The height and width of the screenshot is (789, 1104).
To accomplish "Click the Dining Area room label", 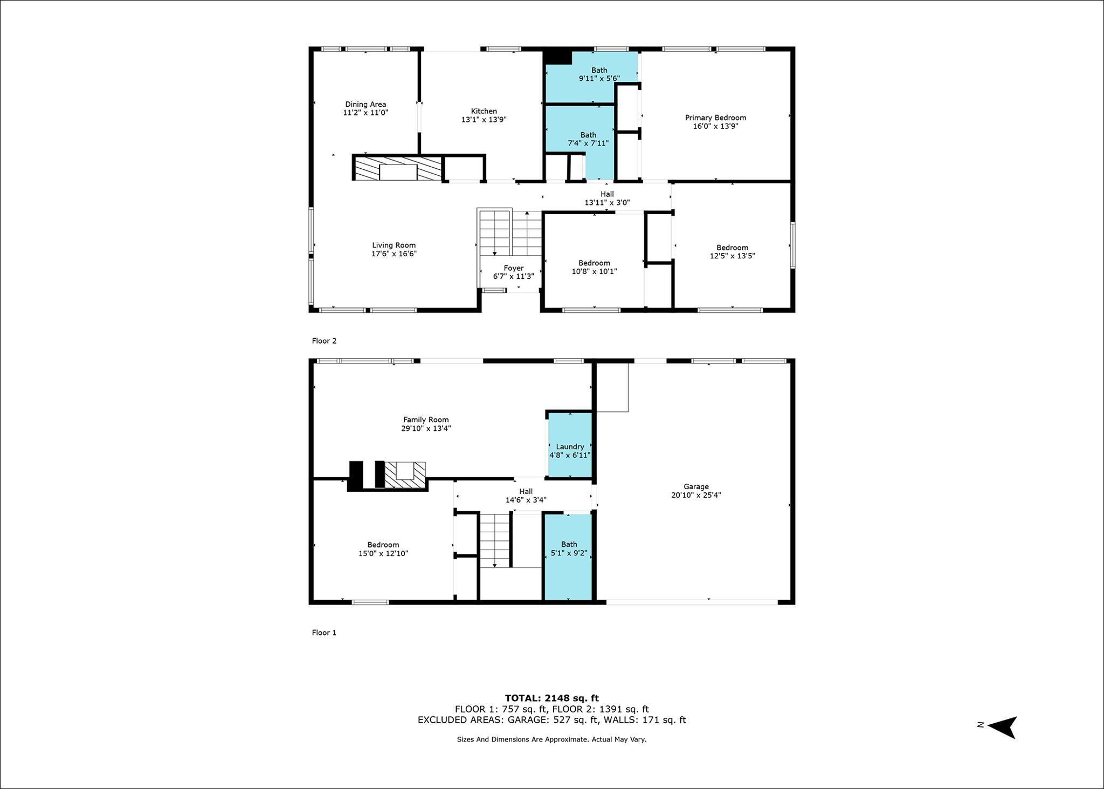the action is tap(365, 105).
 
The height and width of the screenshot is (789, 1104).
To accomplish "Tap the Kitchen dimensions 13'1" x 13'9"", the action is tap(484, 120).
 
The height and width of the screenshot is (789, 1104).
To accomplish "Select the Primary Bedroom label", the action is tap(715, 118).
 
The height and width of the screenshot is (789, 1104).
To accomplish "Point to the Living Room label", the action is tap(394, 245).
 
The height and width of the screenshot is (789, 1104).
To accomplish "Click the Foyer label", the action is tap(513, 268).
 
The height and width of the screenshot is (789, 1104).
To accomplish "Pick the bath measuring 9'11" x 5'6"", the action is tap(592, 77).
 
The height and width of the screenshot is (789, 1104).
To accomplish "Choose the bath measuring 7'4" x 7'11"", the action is tap(580, 141).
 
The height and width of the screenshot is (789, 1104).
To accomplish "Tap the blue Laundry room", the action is tap(570, 445).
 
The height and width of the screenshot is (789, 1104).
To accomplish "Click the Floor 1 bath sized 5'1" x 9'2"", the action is tap(568, 557).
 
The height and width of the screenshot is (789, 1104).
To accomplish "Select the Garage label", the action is tap(696, 486).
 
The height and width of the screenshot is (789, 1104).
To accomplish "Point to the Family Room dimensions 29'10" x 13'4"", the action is tap(426, 429).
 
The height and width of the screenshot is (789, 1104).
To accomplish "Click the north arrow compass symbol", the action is tap(1002, 727).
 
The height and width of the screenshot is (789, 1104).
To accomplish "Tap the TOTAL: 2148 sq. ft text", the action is tap(552, 698).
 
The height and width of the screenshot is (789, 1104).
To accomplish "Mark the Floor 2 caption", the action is tap(324, 341).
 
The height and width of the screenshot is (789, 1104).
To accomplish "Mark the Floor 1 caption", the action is tap(324, 633).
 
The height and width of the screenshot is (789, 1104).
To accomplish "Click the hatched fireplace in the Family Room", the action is tap(405, 475).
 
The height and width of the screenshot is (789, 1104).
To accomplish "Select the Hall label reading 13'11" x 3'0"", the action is tap(607, 198).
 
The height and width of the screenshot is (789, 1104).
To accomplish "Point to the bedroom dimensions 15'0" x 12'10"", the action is tap(383, 553).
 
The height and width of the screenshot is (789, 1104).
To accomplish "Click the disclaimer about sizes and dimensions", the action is tap(551, 739).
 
